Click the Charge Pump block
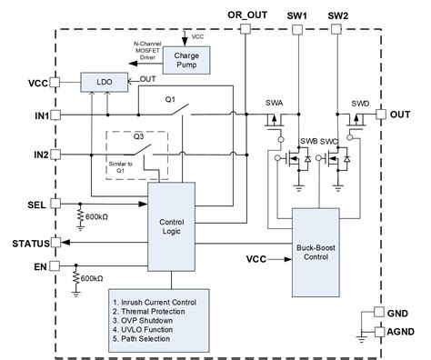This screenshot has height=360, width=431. point(193,61)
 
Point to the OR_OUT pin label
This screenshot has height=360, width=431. point(246,15)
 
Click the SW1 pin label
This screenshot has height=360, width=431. point(297,15)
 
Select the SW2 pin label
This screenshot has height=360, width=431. point(337,15)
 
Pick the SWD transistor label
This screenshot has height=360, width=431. point(360,103)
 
